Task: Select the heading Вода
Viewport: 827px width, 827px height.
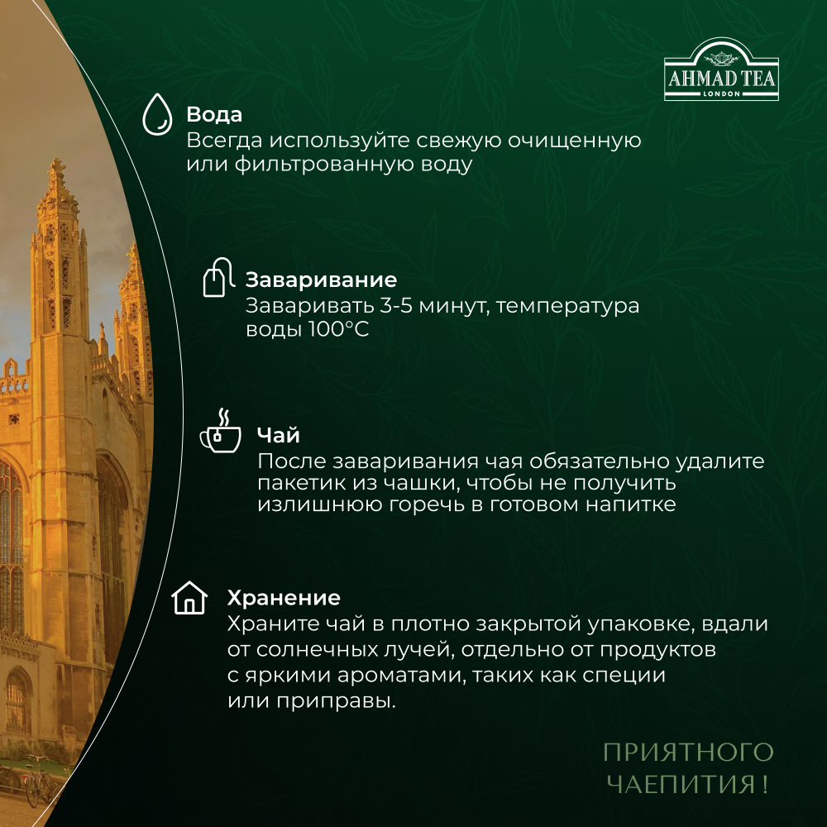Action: click(x=214, y=114)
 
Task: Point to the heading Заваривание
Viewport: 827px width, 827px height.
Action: click(x=321, y=280)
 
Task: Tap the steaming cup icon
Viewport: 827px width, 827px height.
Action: click(x=219, y=433)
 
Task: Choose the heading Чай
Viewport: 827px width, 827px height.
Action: click(x=279, y=436)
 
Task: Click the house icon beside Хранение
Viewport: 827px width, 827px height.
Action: click(x=189, y=597)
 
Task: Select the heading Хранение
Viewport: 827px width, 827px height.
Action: click(x=283, y=598)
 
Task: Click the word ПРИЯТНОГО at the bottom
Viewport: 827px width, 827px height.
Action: click(x=687, y=752)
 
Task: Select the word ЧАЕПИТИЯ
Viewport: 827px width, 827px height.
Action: click(x=676, y=782)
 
